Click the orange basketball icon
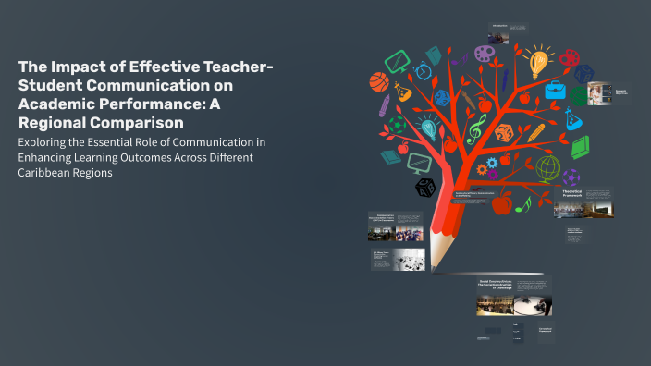pos(378,82)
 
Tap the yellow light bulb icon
pos(538,62)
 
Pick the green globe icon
pos(548,167)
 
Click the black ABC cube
pos(425,188)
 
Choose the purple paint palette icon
pos(485,55)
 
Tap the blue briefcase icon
pos(554,91)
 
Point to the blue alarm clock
pos(424,70)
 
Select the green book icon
pos(580,147)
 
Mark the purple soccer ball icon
pos(571,177)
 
